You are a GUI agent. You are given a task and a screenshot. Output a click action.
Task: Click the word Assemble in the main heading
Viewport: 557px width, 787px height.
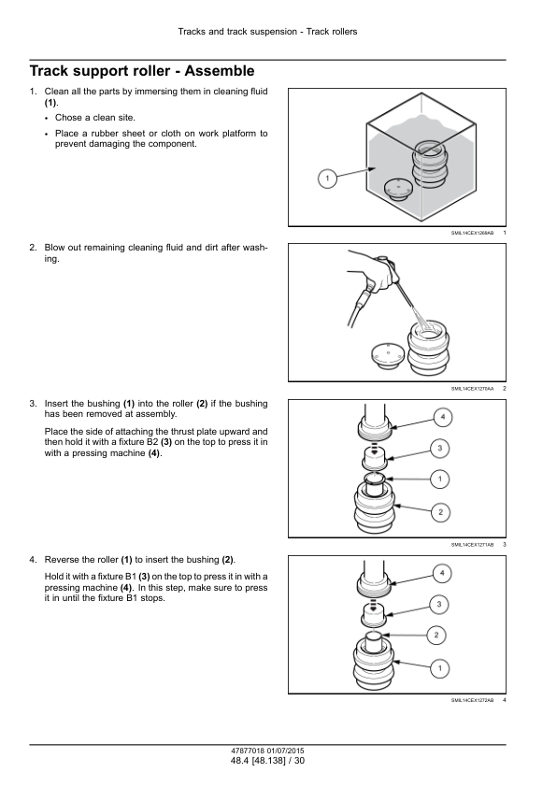[x=220, y=71]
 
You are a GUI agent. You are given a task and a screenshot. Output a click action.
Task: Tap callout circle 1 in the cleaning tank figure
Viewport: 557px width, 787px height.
[x=328, y=179]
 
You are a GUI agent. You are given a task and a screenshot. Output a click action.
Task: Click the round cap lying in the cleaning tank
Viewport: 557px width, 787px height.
[x=397, y=189]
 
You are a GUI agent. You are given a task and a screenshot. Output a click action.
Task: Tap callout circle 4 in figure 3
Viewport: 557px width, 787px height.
[x=443, y=417]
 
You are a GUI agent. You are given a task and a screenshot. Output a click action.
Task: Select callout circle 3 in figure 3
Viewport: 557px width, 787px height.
[x=440, y=449]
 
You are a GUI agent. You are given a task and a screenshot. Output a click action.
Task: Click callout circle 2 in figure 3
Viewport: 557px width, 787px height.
[x=440, y=512]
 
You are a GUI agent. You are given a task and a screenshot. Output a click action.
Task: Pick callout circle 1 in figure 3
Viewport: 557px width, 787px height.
[x=440, y=479]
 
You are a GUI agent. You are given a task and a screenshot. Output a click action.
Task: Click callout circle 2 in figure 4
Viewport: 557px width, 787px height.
[x=436, y=636]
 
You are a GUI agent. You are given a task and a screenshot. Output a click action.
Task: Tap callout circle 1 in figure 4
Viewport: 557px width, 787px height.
[x=440, y=668]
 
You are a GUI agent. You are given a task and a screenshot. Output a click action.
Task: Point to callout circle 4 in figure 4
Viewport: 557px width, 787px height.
[x=442, y=573]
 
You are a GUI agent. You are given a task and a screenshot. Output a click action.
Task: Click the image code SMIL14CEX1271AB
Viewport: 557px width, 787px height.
[x=472, y=545]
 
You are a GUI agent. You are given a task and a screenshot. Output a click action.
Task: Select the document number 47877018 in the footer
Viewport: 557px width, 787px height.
[x=248, y=751]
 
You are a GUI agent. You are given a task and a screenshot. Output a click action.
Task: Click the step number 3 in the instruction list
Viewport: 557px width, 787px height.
[x=32, y=404]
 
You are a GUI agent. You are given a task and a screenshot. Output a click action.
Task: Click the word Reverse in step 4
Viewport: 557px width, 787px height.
[x=62, y=560]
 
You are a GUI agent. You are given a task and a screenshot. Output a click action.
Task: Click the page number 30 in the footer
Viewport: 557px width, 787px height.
[x=299, y=761]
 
